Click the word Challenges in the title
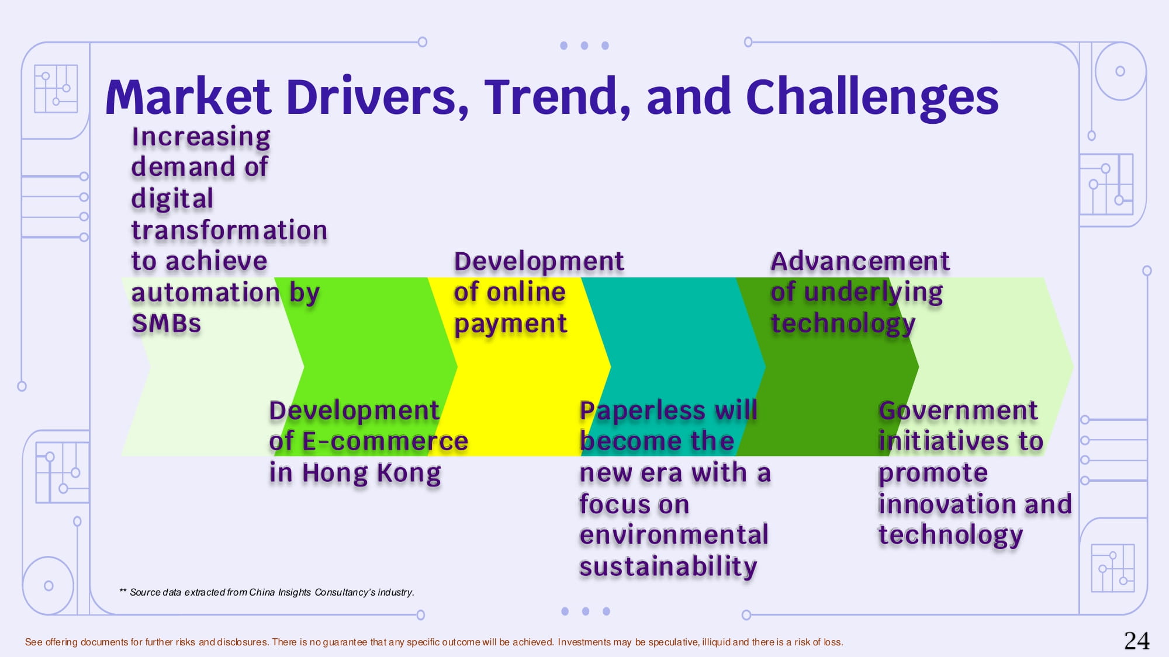click(872, 97)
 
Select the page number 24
click(1137, 641)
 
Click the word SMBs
click(167, 323)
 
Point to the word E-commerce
click(385, 441)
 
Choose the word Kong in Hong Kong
click(409, 472)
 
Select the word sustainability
click(668, 566)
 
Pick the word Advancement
click(860, 261)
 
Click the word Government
click(958, 410)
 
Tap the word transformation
click(229, 230)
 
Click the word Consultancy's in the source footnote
click(345, 592)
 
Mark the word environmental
click(674, 535)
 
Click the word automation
click(206, 293)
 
